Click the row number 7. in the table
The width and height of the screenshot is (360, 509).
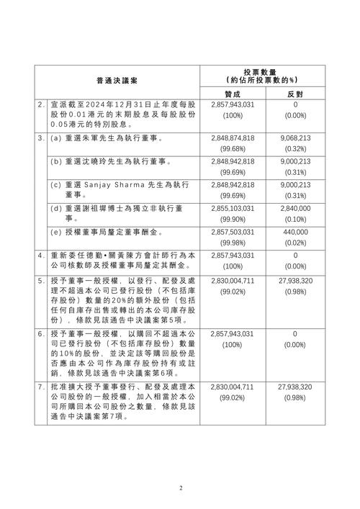42,387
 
